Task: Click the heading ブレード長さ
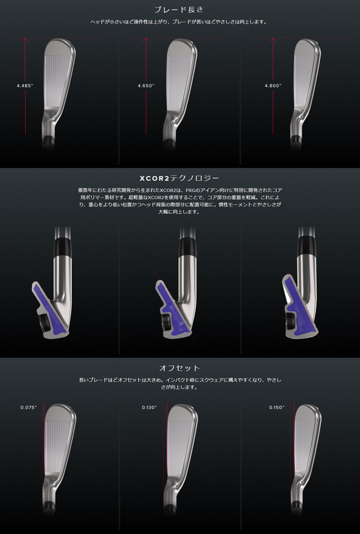click(x=179, y=9)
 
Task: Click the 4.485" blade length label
click(x=25, y=86)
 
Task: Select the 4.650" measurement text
click(x=146, y=86)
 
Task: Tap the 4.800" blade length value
click(x=273, y=86)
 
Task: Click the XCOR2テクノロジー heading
click(x=179, y=178)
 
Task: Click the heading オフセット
click(x=179, y=368)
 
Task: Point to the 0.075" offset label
click(x=29, y=407)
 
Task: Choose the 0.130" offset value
click(x=149, y=407)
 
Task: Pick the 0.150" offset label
click(x=277, y=407)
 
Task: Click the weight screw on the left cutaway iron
click(x=44, y=323)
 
